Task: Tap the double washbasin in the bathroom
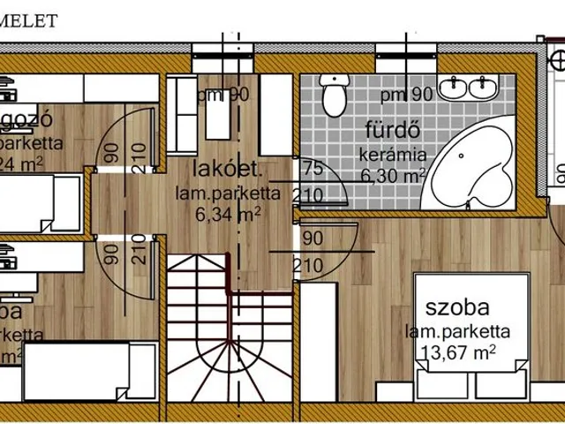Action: click(x=469, y=87)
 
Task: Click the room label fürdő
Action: click(x=391, y=132)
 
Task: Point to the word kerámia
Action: click(x=392, y=155)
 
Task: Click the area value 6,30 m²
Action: click(x=392, y=175)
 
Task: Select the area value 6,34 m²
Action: click(x=228, y=212)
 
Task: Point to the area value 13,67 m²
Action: click(x=458, y=352)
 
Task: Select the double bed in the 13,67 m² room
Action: click(x=473, y=336)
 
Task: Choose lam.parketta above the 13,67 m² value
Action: click(x=457, y=331)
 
